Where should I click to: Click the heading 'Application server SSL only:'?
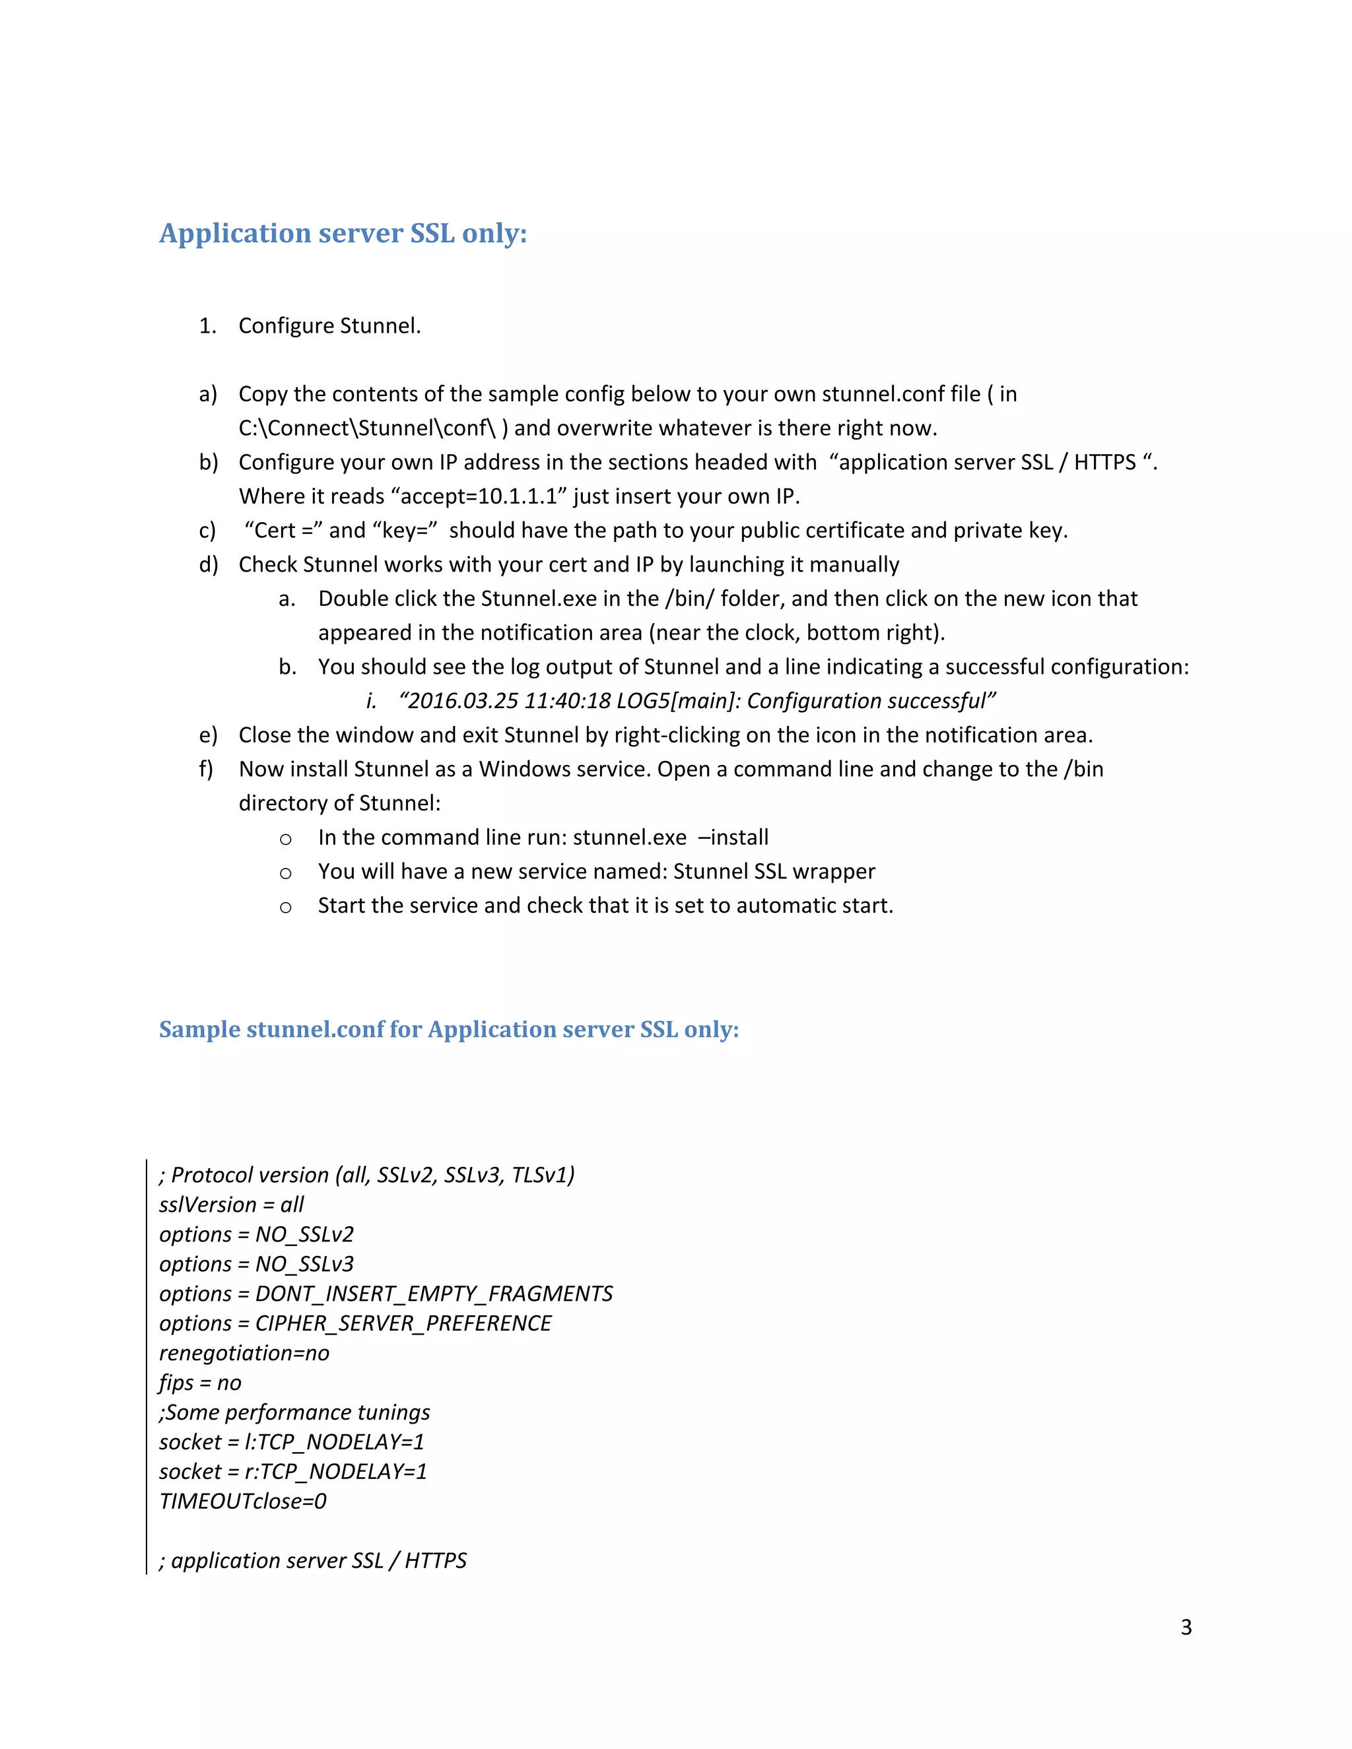(x=343, y=233)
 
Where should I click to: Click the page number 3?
(x=1186, y=1628)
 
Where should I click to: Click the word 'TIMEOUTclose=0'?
(x=243, y=1501)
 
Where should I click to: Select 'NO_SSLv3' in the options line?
(x=304, y=1264)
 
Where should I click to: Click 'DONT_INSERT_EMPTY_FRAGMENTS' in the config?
(x=433, y=1294)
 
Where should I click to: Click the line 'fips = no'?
(x=200, y=1382)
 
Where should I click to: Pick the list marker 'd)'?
(x=208, y=564)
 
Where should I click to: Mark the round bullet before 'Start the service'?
(x=285, y=907)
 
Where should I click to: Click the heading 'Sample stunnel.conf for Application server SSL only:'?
(x=448, y=1029)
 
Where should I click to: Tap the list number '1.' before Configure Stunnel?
(x=207, y=326)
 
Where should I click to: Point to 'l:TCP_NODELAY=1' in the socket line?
(x=334, y=1441)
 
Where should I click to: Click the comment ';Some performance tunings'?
(x=294, y=1412)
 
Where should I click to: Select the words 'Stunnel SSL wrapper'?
(x=774, y=871)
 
